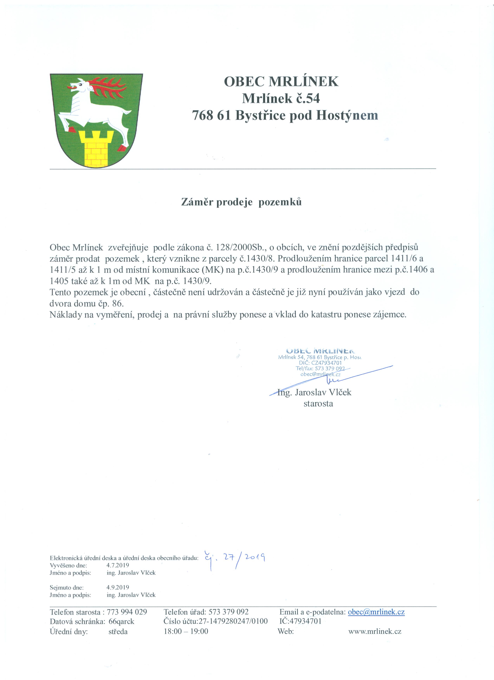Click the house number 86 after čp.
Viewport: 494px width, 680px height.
(x=118, y=303)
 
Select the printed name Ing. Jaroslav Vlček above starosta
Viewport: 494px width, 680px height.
(x=314, y=392)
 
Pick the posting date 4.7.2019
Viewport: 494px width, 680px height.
(x=118, y=565)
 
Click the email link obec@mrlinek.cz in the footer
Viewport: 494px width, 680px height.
(x=376, y=612)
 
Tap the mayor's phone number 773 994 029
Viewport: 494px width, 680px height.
(x=127, y=612)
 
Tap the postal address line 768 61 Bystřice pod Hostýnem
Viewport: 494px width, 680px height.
(x=285, y=115)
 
